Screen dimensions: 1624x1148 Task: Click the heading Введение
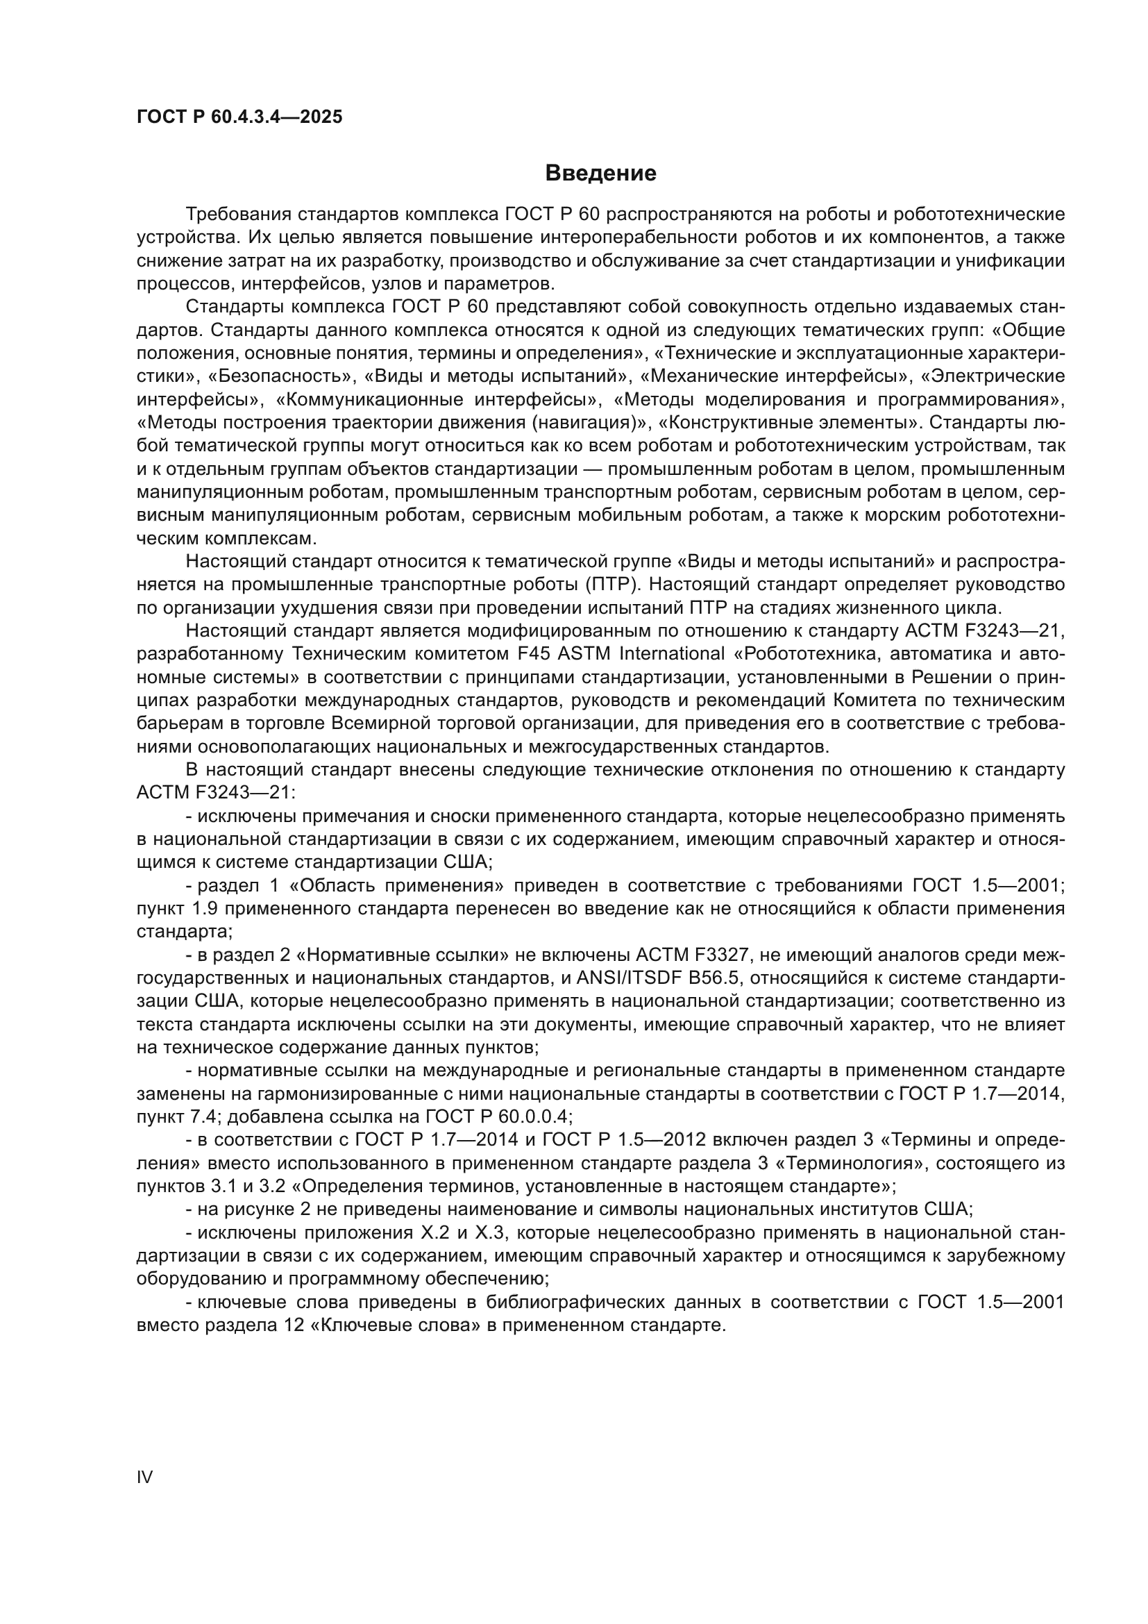600,174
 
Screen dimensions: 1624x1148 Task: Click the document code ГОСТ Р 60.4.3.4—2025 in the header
239,117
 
